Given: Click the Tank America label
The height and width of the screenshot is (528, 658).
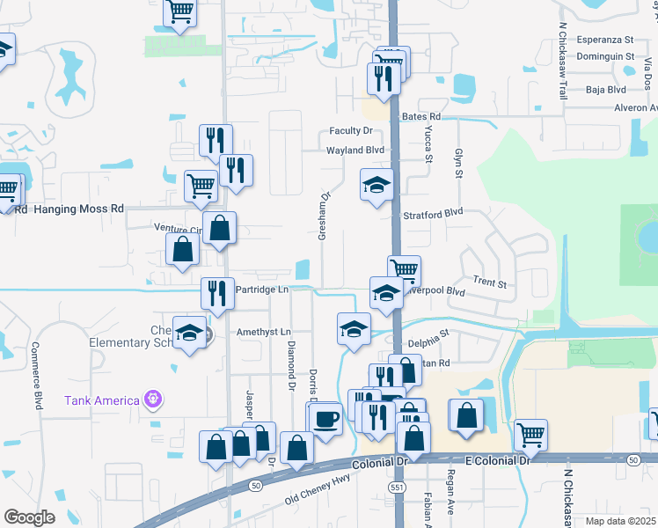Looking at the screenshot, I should [x=102, y=401].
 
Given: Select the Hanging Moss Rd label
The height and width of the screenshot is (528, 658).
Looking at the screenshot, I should [x=78, y=209].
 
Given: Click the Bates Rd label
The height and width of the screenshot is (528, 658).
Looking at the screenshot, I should [x=420, y=116].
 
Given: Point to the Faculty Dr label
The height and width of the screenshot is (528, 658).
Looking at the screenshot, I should [x=351, y=131].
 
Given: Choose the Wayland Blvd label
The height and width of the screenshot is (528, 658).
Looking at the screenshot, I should [x=356, y=150].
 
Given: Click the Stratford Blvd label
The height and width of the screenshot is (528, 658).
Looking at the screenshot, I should [x=433, y=213].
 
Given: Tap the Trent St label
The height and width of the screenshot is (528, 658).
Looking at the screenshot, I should [x=490, y=282].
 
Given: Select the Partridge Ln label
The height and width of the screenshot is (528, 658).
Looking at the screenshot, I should [x=261, y=290].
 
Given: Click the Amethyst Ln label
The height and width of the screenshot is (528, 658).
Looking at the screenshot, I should [x=263, y=333].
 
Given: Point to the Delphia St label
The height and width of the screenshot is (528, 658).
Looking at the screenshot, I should [x=428, y=334].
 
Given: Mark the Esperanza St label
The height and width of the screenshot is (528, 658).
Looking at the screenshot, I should [x=605, y=40].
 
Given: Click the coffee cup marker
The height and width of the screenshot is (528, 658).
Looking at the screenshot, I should [x=327, y=417].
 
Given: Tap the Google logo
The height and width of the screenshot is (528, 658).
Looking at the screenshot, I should [x=29, y=517].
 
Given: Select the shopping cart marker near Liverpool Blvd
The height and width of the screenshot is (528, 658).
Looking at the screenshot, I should [x=404, y=269].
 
